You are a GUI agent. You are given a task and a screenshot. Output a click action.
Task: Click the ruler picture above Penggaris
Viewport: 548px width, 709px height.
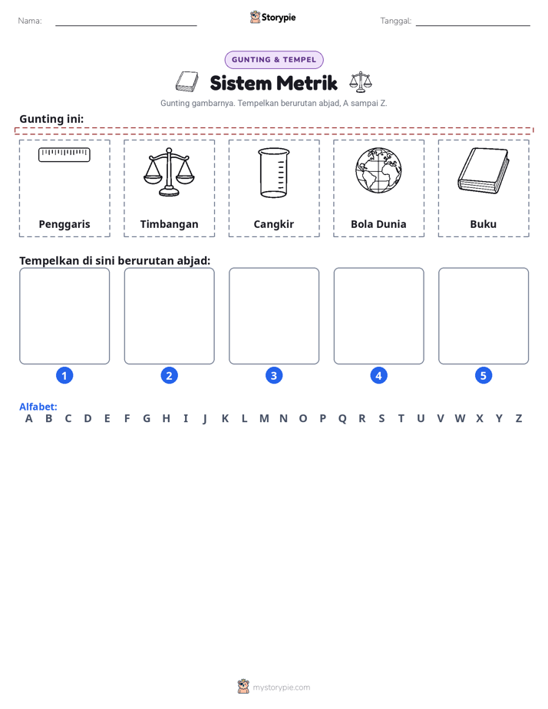(x=64, y=155)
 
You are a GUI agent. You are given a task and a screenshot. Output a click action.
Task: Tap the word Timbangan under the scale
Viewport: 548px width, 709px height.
(x=169, y=224)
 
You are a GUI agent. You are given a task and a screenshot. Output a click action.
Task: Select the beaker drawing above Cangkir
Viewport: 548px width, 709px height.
(x=274, y=173)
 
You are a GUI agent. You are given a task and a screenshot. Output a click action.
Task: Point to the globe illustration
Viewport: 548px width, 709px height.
(x=378, y=170)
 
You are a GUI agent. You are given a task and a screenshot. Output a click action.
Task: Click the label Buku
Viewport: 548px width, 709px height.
(x=484, y=224)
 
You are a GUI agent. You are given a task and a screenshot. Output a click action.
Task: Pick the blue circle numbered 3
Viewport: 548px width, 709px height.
(x=274, y=375)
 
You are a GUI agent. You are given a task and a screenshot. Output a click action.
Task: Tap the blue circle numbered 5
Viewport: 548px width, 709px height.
(x=484, y=375)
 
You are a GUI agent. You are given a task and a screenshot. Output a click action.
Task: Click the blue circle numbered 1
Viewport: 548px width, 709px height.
(x=64, y=375)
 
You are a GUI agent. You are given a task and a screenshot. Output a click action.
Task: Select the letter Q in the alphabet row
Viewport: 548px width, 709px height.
(x=342, y=419)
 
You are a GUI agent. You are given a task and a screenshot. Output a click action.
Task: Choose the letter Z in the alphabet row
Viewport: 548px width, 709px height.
(x=519, y=419)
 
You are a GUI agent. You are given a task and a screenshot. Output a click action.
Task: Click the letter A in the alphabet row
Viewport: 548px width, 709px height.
(x=29, y=419)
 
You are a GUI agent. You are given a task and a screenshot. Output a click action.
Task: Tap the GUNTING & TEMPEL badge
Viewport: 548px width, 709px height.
(x=274, y=60)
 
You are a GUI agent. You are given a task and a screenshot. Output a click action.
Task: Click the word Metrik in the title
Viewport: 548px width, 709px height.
(x=306, y=83)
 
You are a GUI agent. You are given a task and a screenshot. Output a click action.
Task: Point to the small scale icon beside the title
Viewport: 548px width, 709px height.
(x=361, y=82)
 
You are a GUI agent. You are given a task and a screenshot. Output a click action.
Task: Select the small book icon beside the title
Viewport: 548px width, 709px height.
(x=187, y=82)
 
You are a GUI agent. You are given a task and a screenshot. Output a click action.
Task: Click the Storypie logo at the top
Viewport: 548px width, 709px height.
(x=273, y=17)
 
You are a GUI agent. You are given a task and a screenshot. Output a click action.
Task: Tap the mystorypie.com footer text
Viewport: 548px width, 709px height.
(x=281, y=688)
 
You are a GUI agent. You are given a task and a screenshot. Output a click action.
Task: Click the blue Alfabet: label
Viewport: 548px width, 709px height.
(x=38, y=407)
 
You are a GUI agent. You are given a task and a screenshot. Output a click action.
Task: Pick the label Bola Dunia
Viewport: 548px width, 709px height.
(x=378, y=224)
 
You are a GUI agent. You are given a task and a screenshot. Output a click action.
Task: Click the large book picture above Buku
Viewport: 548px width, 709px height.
(x=484, y=170)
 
